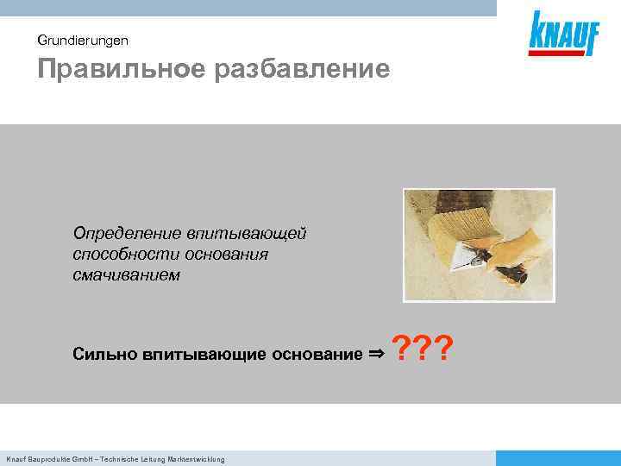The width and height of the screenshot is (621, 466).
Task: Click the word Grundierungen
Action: (83, 40)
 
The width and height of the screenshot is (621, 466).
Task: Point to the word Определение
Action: (125, 234)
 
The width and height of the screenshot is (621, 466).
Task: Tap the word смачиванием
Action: (126, 275)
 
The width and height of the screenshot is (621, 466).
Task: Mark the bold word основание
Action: (317, 354)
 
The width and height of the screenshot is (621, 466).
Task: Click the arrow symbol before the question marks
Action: (377, 353)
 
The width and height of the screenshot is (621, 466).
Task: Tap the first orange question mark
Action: (401, 350)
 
